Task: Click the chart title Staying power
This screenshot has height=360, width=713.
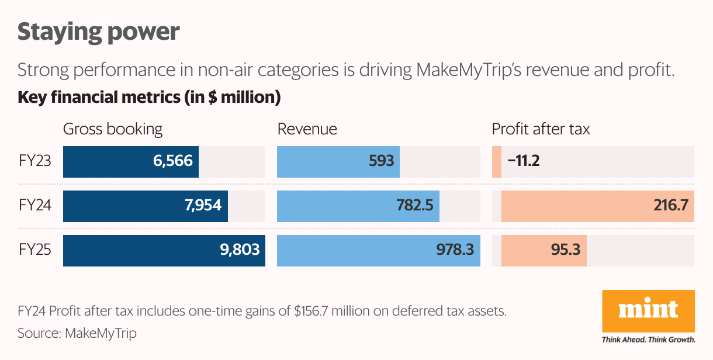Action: (98, 32)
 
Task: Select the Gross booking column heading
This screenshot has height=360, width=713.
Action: (113, 129)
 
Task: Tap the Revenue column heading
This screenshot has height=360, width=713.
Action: (307, 129)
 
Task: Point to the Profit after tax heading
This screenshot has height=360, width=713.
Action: (541, 129)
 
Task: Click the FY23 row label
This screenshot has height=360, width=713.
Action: (35, 161)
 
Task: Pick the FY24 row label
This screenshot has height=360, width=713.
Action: (35, 206)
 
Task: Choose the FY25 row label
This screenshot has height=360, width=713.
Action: (35, 250)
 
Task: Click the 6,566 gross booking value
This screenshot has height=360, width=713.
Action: (173, 161)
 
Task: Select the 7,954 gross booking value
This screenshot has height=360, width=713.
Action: (202, 206)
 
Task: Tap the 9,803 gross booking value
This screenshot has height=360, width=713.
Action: (240, 251)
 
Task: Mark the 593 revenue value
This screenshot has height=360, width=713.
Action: (382, 161)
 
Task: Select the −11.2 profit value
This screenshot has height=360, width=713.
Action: (523, 161)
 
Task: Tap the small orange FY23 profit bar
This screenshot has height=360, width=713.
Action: (497, 161)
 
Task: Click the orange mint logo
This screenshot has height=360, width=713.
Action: (648, 311)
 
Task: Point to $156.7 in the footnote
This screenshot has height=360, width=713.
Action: (316, 311)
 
